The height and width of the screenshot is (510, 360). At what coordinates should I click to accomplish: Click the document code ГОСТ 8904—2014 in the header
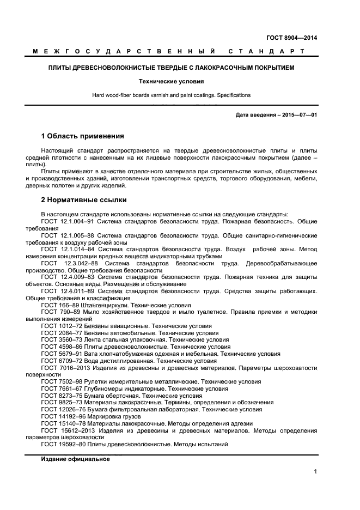[x=291, y=38]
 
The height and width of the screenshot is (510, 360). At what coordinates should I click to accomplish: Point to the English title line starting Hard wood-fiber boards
[x=171, y=95]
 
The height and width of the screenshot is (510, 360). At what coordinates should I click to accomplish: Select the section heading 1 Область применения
[x=83, y=136]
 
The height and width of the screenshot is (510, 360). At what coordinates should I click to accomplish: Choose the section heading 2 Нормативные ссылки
[x=84, y=200]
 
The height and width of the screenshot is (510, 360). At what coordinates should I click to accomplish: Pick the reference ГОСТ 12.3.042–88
[x=69, y=263]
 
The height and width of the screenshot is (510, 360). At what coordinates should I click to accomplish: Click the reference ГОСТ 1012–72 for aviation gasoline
[x=62, y=326]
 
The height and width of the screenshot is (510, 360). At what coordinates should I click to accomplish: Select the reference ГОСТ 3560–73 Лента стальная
[x=62, y=339]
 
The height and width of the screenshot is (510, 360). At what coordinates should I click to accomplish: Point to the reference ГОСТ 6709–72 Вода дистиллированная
[x=62, y=361]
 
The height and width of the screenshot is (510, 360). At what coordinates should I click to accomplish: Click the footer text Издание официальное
[x=75, y=459]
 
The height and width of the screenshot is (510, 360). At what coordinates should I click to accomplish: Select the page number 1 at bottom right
[x=315, y=472]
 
